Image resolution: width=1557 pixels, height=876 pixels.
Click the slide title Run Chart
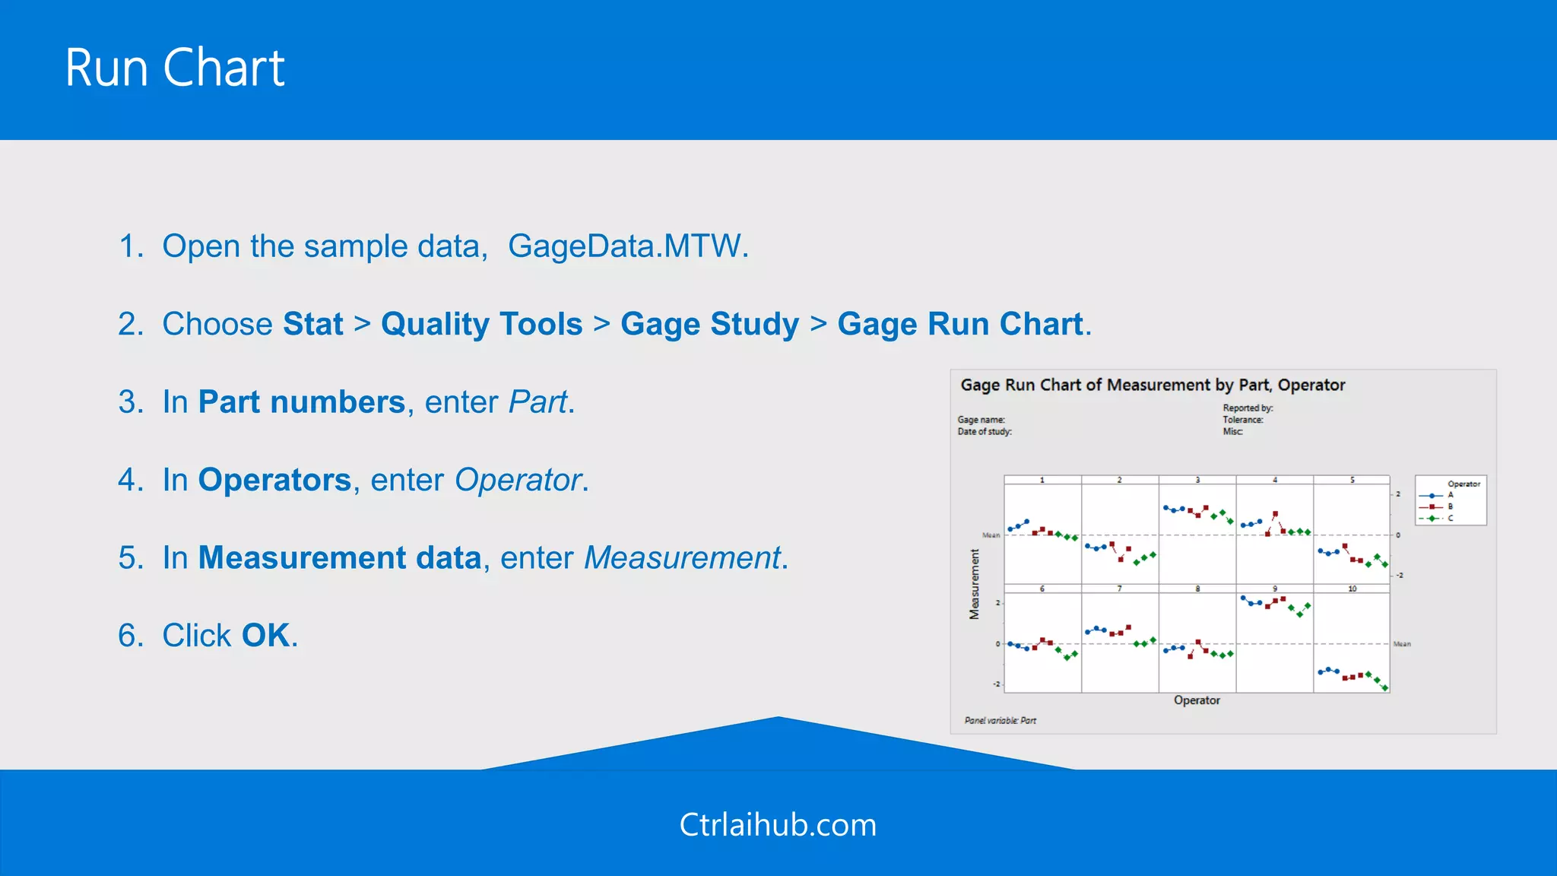175,68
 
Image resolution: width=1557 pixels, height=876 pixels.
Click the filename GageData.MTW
627,246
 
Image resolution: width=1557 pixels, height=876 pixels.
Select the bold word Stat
312,324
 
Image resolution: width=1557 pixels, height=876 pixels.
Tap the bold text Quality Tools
481,324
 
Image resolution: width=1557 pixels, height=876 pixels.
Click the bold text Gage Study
709,324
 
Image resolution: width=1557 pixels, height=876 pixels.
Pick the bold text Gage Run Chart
959,324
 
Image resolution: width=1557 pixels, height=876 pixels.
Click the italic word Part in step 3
537,402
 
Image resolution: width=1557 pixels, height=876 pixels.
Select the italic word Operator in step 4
518,480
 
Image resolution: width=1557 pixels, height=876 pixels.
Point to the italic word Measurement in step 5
682,558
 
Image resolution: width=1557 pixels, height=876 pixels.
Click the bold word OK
265,636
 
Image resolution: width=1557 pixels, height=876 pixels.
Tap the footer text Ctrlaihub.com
778,825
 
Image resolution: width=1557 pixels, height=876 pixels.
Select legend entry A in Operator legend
1450,495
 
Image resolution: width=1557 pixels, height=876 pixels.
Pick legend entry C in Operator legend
1450,518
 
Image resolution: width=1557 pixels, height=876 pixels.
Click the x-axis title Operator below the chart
1196,700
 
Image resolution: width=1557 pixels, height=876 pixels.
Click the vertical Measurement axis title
974,584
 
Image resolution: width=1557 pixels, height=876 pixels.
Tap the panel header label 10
1352,589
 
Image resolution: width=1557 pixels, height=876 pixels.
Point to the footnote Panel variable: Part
1000,720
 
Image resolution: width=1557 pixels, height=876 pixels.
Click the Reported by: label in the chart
1247,408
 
